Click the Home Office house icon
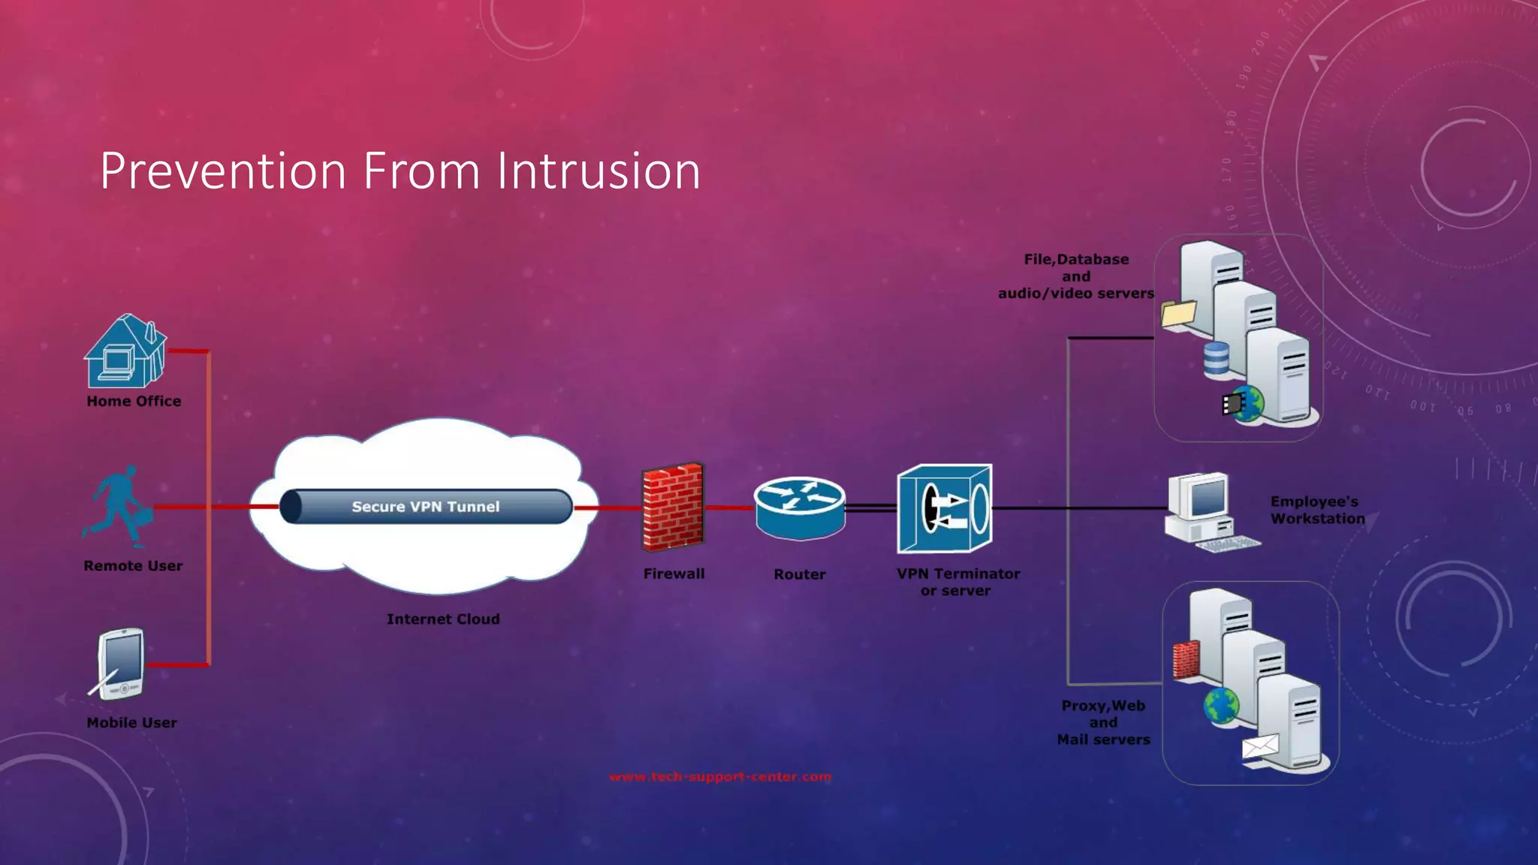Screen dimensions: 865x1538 click(125, 351)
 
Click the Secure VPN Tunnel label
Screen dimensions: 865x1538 click(425, 507)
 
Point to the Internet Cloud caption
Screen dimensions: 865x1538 click(443, 619)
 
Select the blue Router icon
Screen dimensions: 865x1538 click(800, 508)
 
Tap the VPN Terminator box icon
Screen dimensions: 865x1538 click(945, 508)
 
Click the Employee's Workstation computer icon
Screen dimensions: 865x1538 click(1205, 511)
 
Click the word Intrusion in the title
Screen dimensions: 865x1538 click(599, 171)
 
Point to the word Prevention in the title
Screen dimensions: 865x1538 click(223, 171)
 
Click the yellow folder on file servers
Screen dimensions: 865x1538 click(1178, 313)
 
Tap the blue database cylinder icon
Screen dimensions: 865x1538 click(1216, 358)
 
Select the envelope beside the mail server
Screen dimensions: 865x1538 click(1260, 747)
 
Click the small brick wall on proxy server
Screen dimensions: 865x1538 click(1186, 661)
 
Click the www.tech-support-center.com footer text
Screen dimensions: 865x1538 click(719, 776)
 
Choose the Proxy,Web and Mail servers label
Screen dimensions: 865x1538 click(1103, 722)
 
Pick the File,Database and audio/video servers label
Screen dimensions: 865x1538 click(1075, 276)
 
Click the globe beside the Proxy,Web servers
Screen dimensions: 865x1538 click(1221, 706)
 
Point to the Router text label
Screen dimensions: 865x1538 click(799, 574)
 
